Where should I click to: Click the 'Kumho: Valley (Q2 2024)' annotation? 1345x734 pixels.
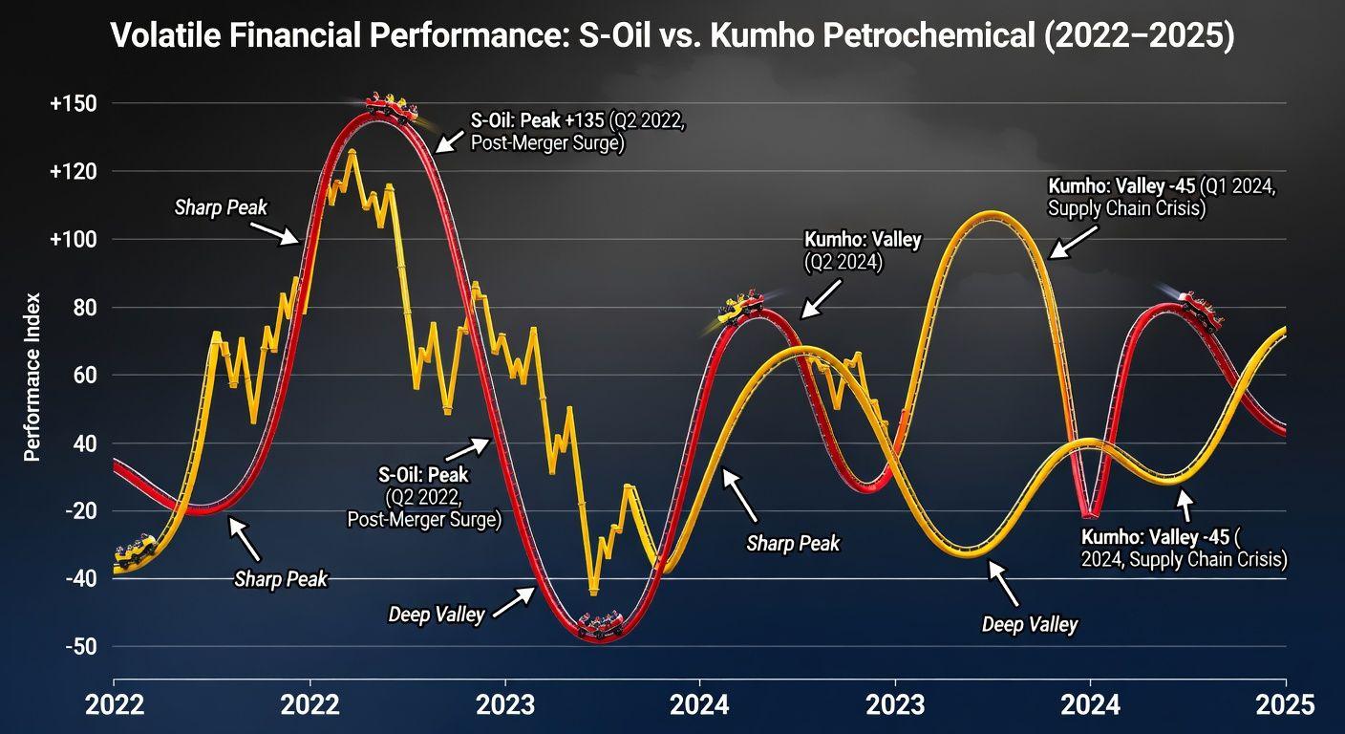click(862, 250)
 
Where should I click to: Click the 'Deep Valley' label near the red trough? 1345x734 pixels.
click(437, 614)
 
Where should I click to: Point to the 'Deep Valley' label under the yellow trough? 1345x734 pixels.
click(1029, 624)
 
